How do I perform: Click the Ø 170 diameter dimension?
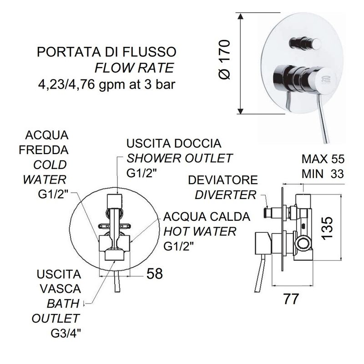click(x=224, y=60)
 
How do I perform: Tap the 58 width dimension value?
click(x=155, y=274)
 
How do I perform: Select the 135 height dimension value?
click(x=327, y=228)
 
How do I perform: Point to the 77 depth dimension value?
click(x=291, y=299)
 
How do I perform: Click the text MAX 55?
click(x=323, y=159)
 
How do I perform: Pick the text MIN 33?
click(x=323, y=174)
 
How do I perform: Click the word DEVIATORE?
click(x=223, y=180)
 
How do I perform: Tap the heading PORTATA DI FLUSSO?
click(x=106, y=52)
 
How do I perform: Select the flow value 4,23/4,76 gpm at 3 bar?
click(x=106, y=84)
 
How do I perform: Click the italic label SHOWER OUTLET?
click(x=179, y=158)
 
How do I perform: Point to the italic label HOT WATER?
click(x=200, y=231)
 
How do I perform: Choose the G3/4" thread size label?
click(x=66, y=334)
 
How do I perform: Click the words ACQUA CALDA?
click(x=207, y=217)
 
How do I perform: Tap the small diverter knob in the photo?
click(x=305, y=43)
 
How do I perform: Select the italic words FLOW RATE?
click(x=134, y=68)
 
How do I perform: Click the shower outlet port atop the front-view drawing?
click(x=114, y=200)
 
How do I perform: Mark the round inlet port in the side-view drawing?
click(x=303, y=244)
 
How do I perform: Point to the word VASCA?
click(x=60, y=289)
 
